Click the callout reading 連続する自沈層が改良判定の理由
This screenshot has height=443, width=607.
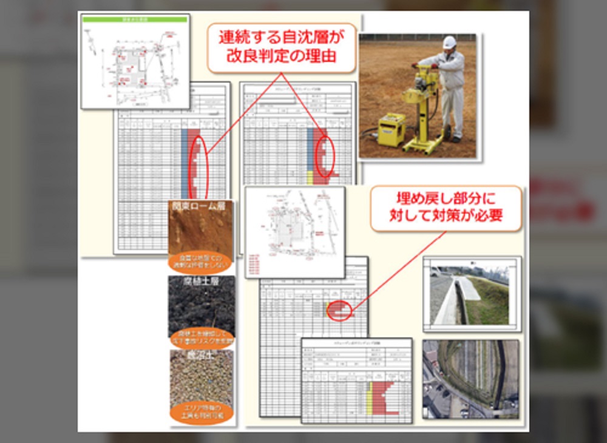click(281, 47)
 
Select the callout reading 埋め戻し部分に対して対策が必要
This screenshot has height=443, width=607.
click(446, 208)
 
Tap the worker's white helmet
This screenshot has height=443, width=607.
click(449, 42)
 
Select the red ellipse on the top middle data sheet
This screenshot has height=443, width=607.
click(325, 156)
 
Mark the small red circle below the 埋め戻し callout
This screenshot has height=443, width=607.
click(339, 309)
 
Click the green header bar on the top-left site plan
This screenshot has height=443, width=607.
click(135, 19)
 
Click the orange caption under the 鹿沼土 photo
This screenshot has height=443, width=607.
click(201, 412)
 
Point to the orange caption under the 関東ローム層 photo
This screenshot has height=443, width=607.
click(201, 261)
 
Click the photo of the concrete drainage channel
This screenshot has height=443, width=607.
click(472, 294)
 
